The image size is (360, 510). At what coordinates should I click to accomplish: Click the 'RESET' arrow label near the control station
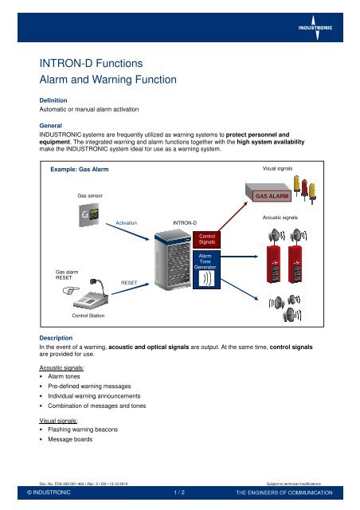coord(129,283)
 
